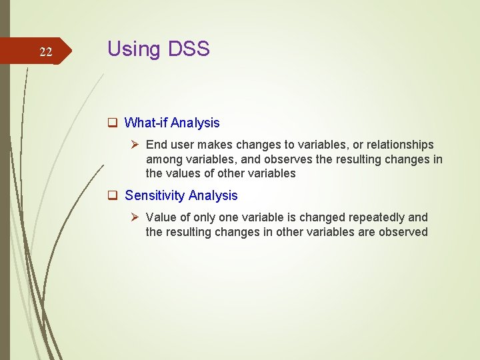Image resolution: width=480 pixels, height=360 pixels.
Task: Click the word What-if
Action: point(146,123)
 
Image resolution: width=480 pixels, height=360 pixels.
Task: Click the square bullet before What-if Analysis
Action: point(113,123)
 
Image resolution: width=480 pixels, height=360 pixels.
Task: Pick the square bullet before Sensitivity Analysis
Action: point(113,195)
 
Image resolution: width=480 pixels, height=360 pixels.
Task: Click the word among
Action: point(163,159)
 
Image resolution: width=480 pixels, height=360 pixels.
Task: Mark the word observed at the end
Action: point(403,232)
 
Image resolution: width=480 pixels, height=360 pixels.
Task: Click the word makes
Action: point(218,145)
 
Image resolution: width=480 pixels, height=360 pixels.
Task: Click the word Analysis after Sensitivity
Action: point(213,195)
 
